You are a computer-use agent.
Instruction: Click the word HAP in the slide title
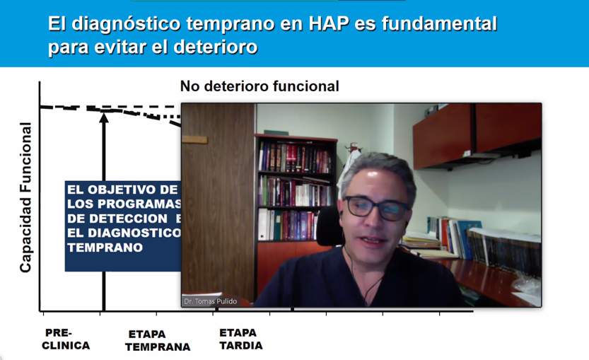pos(329,23)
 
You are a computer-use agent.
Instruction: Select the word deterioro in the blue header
pos(215,47)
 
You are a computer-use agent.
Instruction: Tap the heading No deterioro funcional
pos(259,86)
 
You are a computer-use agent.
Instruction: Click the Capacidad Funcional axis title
pos(25,197)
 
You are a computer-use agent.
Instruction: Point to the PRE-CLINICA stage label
pos(66,339)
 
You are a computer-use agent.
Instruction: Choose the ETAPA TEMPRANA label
pos(158,340)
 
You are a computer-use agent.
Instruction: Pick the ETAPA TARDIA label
pos(241,339)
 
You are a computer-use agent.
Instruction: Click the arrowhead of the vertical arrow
pos(104,117)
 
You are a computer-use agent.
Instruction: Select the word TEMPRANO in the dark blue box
pos(105,248)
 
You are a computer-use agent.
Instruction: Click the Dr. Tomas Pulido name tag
pos(211,301)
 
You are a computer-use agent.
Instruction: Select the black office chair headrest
pos(330,226)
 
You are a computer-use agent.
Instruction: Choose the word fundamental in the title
pos(439,23)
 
